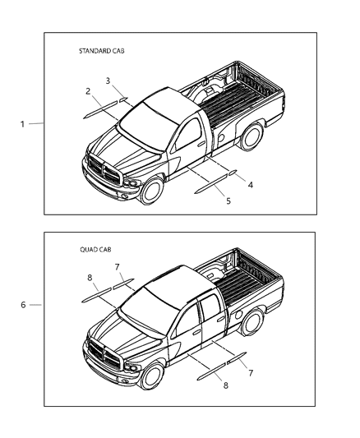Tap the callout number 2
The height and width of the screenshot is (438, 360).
point(87,91)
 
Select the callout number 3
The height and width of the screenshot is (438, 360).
point(108,80)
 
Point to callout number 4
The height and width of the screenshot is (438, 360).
point(228,185)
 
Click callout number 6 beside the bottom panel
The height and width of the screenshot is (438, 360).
point(23,304)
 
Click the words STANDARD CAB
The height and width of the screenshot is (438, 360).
point(101,51)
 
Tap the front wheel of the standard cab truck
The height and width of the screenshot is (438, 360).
point(150,192)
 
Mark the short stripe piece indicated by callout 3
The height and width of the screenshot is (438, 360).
point(123,99)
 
